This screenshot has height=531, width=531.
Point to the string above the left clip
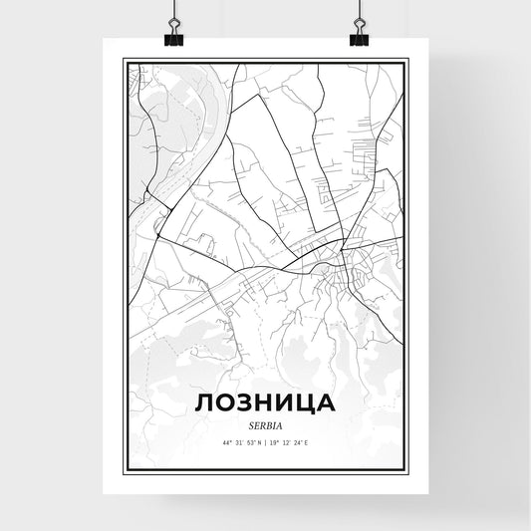[x=172, y=12]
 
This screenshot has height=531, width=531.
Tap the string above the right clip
[x=358, y=12]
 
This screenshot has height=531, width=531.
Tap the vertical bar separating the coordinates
[x=266, y=441]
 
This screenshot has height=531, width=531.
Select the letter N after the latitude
[x=259, y=441]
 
